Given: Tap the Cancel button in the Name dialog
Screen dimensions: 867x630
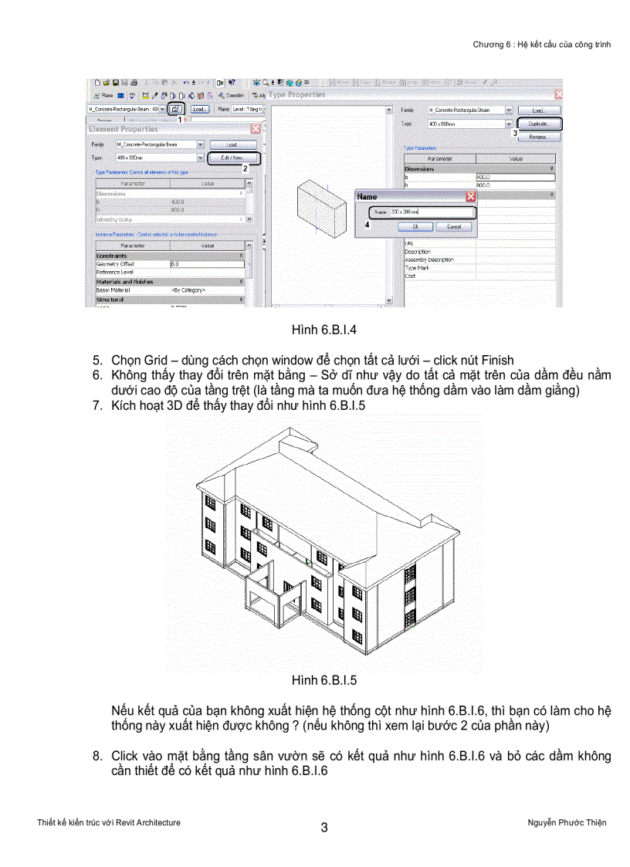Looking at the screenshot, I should click(x=453, y=227).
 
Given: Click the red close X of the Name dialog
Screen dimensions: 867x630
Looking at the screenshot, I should click(x=471, y=197).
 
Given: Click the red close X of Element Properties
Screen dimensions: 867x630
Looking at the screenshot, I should click(x=255, y=129).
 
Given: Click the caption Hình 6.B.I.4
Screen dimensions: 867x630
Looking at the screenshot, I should click(x=323, y=330).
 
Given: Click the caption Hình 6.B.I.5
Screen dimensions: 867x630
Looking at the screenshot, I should click(x=323, y=680).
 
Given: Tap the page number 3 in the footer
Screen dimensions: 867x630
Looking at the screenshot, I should click(x=324, y=828).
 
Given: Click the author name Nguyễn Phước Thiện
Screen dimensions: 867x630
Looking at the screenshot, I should click(x=561, y=822).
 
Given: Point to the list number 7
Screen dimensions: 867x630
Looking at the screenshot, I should click(x=97, y=405).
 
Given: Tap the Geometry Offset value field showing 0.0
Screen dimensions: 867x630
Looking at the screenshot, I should click(x=205, y=264).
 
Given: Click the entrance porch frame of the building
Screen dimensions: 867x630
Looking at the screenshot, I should click(x=270, y=595).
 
